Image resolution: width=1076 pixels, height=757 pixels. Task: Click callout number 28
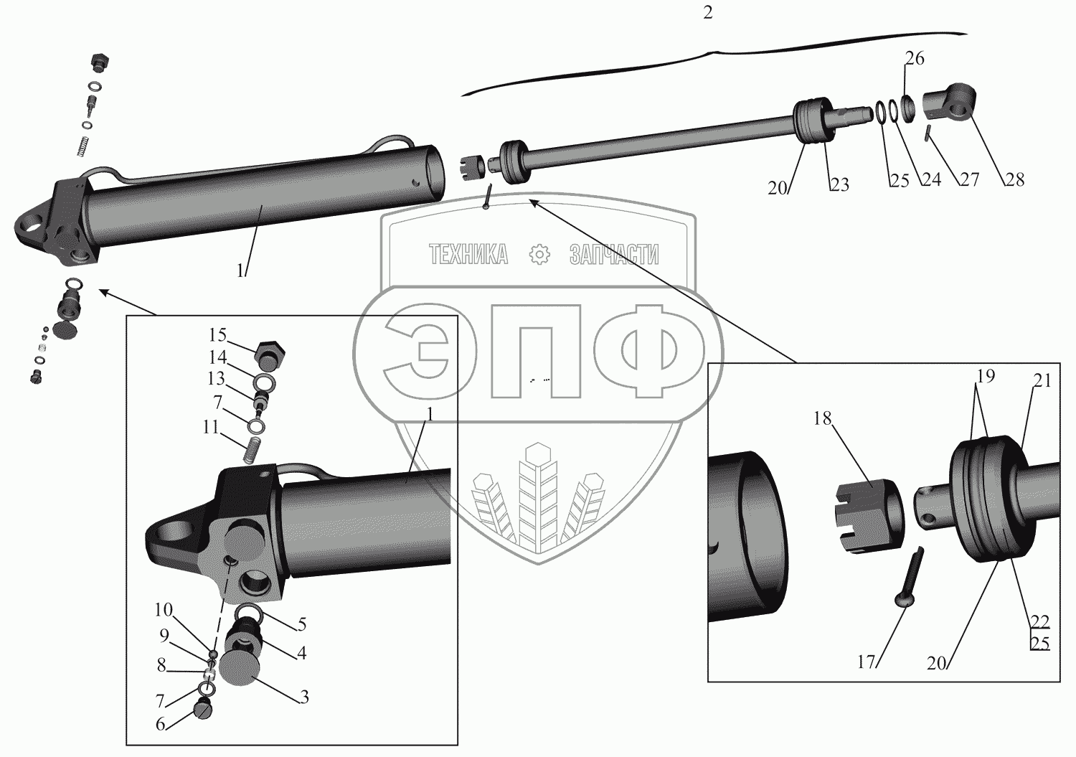coord(1014,179)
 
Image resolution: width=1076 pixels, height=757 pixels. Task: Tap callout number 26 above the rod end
coord(915,58)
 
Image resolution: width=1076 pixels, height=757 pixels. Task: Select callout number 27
coord(969,179)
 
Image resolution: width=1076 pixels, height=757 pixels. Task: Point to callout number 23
coord(839,184)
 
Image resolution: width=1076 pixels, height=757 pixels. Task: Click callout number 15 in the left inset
coord(218,335)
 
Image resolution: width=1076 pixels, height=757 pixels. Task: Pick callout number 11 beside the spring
coord(210,428)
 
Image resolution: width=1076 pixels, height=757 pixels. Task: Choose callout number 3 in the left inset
coord(304,697)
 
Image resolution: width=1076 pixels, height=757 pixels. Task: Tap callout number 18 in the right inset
coord(822,418)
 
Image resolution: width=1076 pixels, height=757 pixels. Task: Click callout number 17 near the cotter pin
coord(867,662)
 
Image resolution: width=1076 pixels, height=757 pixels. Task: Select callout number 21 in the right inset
coord(1042,381)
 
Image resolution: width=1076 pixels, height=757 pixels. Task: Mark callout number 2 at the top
coord(708,14)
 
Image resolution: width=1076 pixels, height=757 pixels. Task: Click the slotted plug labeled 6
coord(203,712)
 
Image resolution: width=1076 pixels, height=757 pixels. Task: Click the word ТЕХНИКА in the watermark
coord(468,254)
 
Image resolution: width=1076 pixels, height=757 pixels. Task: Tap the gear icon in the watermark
coord(539,254)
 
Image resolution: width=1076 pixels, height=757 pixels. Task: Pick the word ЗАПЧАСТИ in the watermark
coord(614,254)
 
